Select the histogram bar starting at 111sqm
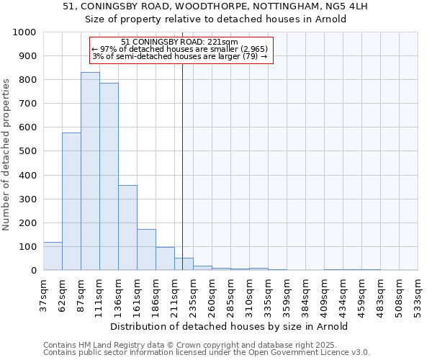[109, 176]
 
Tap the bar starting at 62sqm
[71, 202]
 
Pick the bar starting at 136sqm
[127, 228]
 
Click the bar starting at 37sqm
[53, 256]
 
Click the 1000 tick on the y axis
[24, 32]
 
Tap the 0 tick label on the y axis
[33, 271]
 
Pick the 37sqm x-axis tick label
[48, 294]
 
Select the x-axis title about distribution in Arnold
[230, 326]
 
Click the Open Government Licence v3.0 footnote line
[207, 353]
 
